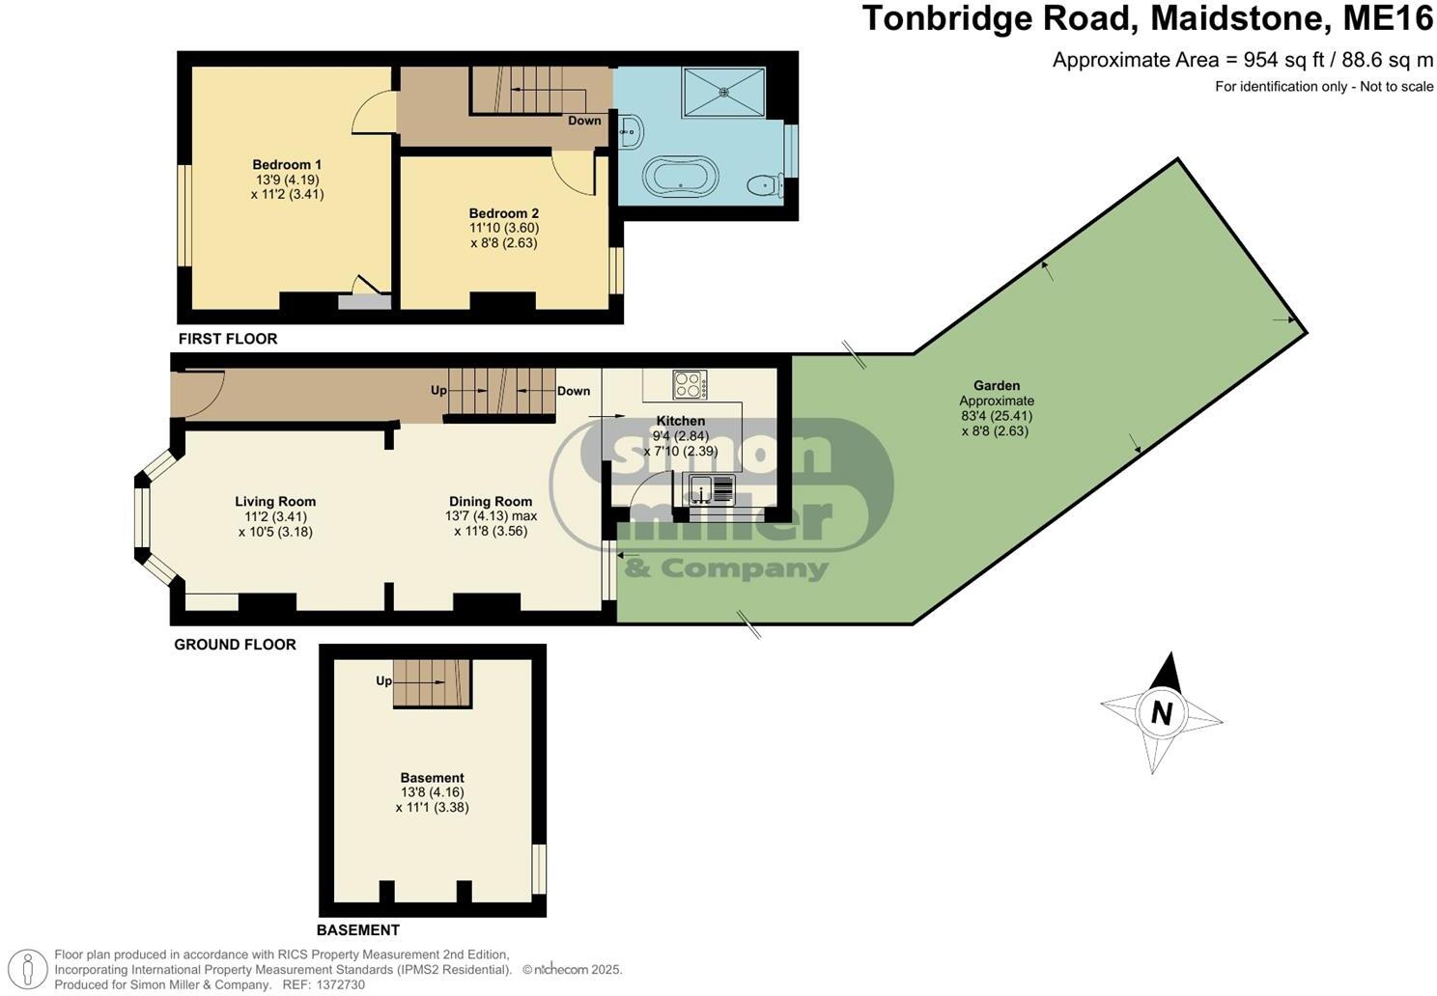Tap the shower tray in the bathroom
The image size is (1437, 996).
pos(724,93)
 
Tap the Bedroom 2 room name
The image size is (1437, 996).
pos(503,213)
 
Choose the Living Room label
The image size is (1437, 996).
pos(275,502)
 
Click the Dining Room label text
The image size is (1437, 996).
pos(491,502)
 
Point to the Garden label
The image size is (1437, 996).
pos(997,386)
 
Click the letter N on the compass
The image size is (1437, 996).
pos(1161,713)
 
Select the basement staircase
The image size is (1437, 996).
pos(432,683)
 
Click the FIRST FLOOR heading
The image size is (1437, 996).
pos(228,339)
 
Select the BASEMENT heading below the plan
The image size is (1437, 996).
pos(357,930)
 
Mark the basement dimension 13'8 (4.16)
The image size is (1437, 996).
pos(432,792)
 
